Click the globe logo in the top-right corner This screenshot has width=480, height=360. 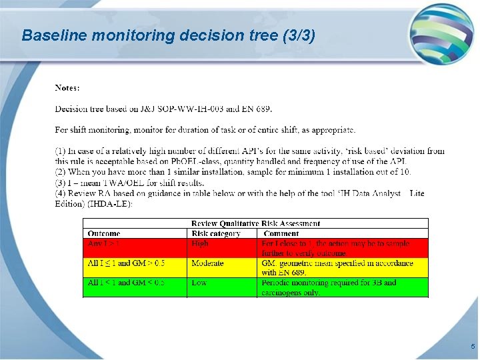(441, 34)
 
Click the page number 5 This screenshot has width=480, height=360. (473, 347)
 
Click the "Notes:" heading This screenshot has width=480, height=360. (67, 87)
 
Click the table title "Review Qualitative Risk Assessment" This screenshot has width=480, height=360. (255, 223)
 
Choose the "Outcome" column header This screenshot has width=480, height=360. (104, 233)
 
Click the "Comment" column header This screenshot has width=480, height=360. (281, 233)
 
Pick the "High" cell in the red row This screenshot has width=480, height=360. (200, 244)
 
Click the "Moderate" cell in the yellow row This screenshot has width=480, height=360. (207, 263)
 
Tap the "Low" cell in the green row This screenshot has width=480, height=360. (199, 283)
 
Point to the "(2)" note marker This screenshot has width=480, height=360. (61, 172)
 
